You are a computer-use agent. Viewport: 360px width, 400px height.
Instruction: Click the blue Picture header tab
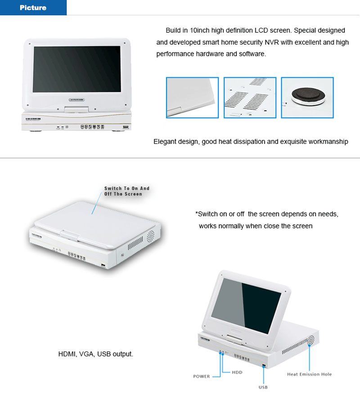click(33, 7)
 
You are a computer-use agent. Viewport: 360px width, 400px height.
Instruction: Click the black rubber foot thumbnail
click(307, 98)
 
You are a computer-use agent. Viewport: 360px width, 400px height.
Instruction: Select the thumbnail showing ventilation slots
click(250, 98)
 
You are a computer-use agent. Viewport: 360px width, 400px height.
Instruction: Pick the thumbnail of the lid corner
click(193, 98)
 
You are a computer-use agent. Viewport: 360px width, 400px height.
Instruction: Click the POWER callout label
click(201, 376)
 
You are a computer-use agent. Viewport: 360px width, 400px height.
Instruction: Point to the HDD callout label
click(237, 372)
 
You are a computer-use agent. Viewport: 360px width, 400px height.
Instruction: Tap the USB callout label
click(263, 387)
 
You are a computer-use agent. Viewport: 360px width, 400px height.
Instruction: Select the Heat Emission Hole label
click(310, 374)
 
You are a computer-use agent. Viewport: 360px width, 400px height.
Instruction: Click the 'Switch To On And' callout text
click(127, 188)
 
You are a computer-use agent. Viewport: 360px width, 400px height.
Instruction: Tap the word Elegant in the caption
click(164, 142)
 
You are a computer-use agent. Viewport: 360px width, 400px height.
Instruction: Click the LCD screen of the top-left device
click(77, 69)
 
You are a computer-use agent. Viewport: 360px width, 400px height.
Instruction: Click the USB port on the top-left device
click(126, 127)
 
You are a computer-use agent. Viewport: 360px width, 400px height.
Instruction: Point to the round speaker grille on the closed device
click(150, 236)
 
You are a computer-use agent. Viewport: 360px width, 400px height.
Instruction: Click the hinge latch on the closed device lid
click(69, 235)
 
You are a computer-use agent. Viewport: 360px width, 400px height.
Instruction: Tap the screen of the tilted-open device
click(246, 306)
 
